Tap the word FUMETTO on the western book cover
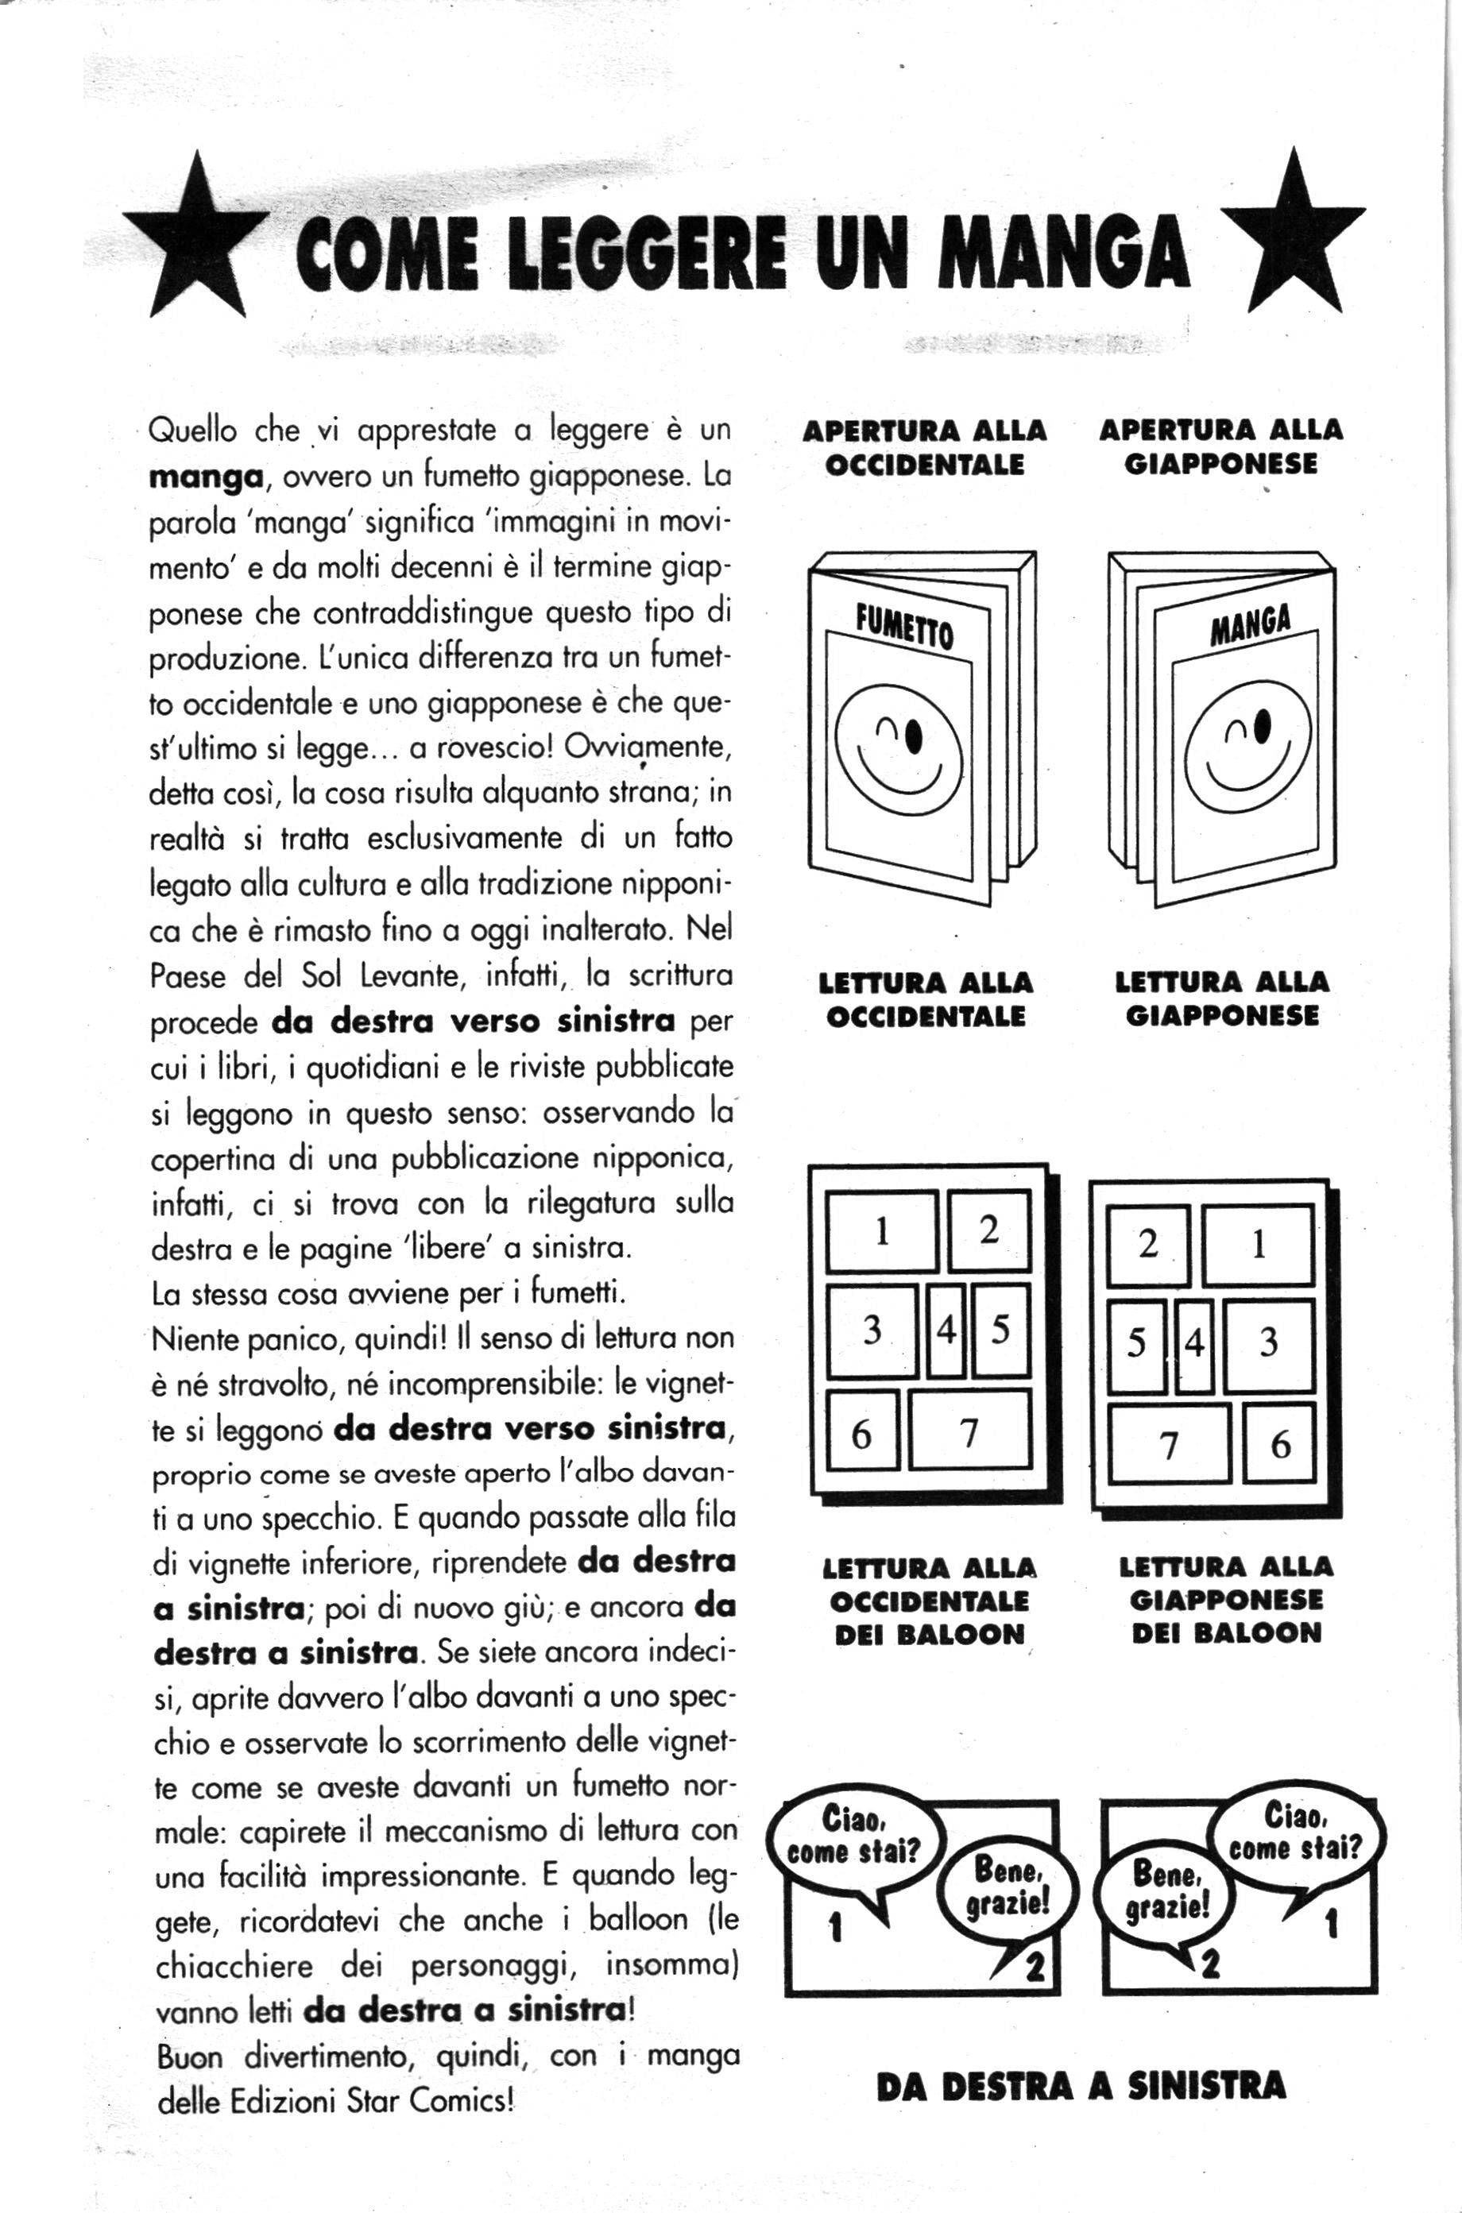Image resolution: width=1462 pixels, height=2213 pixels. [x=904, y=628]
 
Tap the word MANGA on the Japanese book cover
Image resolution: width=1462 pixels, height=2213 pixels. [x=1251, y=624]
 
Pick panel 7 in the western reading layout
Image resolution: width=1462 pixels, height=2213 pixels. [x=969, y=1430]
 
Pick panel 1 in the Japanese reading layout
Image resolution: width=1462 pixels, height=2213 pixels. [x=1258, y=1245]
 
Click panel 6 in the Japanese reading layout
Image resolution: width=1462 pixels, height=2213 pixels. [x=1279, y=1444]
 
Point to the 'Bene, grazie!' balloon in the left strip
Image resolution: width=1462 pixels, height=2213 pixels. [x=1010, y=1886]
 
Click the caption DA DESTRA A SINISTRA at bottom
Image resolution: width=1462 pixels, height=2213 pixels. [x=1081, y=2086]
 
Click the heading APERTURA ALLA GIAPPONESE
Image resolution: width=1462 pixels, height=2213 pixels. [x=1220, y=446]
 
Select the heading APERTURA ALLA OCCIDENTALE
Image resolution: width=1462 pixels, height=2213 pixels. [x=924, y=447]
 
